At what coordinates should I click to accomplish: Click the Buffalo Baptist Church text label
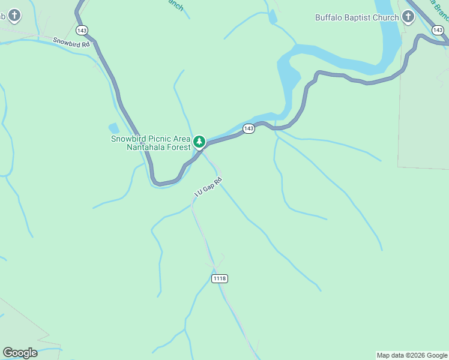357,17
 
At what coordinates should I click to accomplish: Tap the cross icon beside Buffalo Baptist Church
408,17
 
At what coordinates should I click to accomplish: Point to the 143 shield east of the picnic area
249,128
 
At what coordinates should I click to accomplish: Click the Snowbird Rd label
71,43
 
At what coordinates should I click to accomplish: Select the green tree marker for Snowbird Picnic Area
199,142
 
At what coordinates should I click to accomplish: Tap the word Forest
178,147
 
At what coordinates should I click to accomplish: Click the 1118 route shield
220,278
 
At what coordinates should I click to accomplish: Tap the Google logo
20,353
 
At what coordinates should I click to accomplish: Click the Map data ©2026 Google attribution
412,355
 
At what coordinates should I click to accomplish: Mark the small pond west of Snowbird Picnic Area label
114,128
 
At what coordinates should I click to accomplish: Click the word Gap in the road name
208,188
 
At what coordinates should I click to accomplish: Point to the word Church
387,17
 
